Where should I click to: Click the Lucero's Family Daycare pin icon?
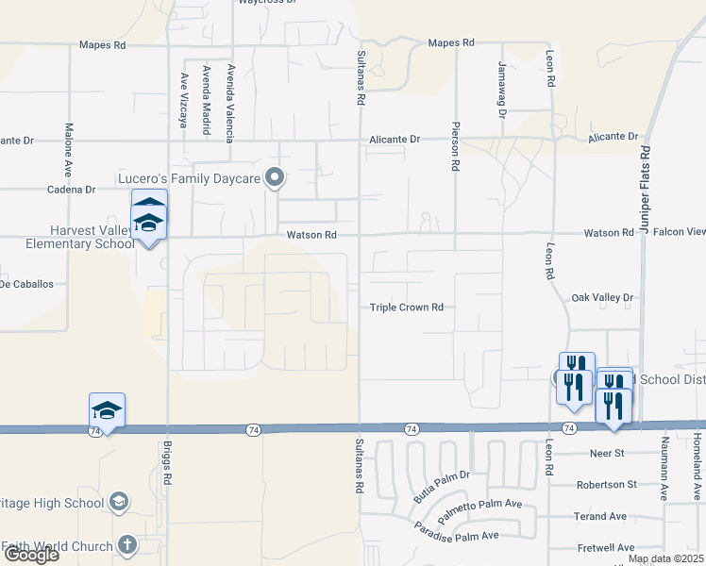tap(276, 176)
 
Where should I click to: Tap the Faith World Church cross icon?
tap(127, 545)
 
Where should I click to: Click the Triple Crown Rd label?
tap(406, 308)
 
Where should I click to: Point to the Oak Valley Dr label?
tap(602, 298)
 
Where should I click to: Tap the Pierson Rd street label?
tap(456, 146)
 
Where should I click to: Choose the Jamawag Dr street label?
tap(502, 90)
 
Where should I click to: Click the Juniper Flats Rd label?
tap(646, 189)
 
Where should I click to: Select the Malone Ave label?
tap(69, 150)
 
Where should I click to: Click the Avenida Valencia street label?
tap(229, 100)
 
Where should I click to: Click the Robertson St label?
tap(607, 485)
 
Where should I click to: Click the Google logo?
tap(31, 555)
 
